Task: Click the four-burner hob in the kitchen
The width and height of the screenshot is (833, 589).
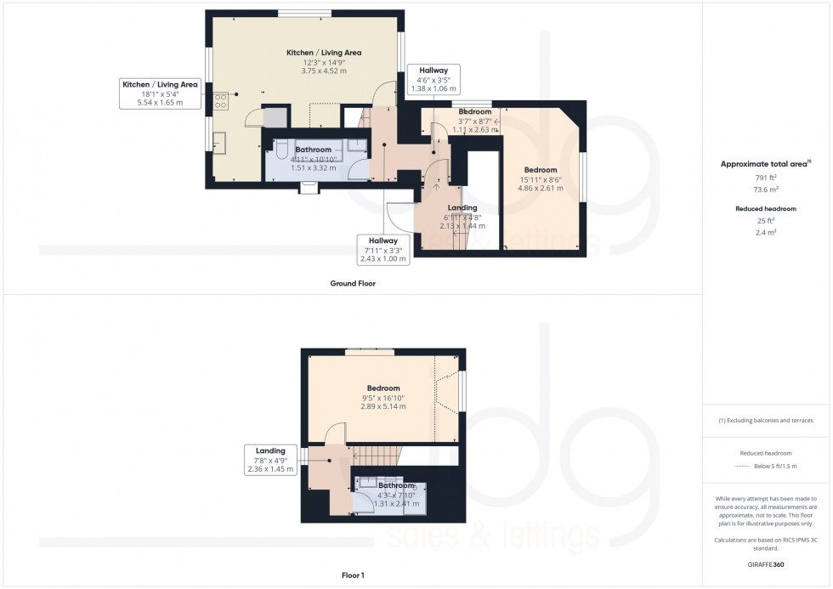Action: click(x=221, y=101)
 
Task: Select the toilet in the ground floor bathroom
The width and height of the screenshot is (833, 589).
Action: click(x=281, y=152)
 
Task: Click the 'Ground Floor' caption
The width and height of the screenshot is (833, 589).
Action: click(x=353, y=284)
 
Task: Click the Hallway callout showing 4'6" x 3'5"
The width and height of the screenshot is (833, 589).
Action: click(x=433, y=79)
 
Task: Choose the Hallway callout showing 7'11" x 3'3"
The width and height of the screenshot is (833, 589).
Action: click(x=383, y=250)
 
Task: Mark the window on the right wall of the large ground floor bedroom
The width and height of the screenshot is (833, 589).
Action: click(x=583, y=178)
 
